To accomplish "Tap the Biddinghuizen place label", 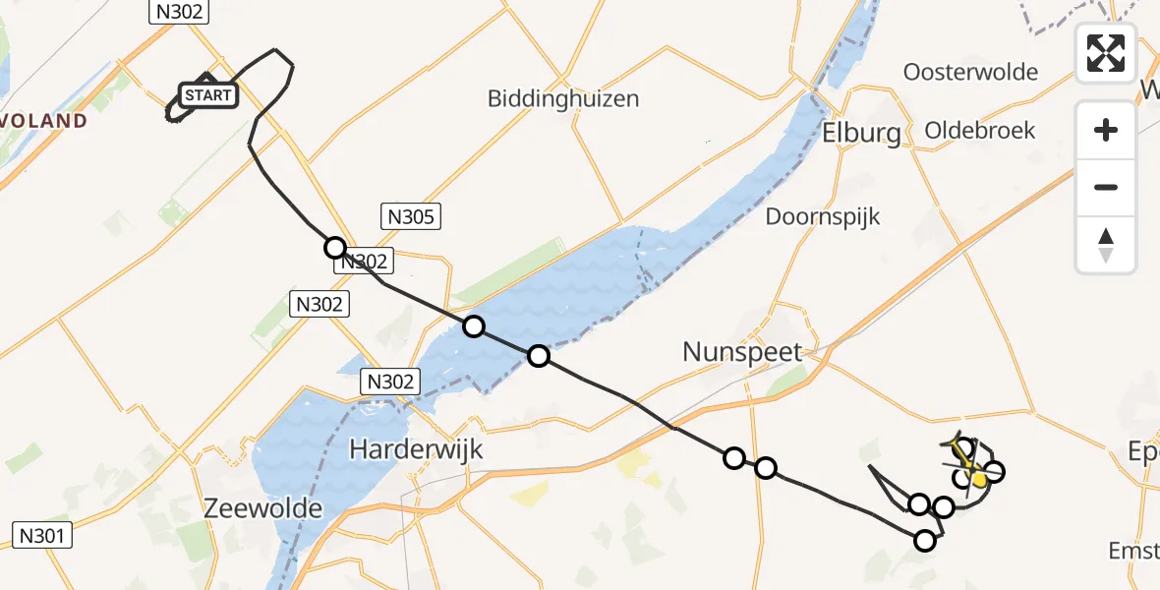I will [563, 98].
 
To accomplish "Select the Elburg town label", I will [861, 133].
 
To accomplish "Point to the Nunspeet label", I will [743, 351].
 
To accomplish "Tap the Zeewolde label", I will [262, 508].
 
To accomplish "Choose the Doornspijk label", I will [823, 216].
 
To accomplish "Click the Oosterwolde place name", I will [970, 72].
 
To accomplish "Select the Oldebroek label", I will [979, 130].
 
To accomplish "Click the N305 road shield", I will [411, 217].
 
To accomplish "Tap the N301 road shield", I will [42, 536].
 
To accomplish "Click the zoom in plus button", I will [1106, 130].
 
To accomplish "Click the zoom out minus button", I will [1106, 187].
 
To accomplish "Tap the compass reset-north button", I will [1106, 245].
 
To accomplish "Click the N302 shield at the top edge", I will [178, 12].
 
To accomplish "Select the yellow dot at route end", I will [979, 479].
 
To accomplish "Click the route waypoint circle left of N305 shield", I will [335, 248].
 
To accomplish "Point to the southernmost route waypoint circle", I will [925, 540].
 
